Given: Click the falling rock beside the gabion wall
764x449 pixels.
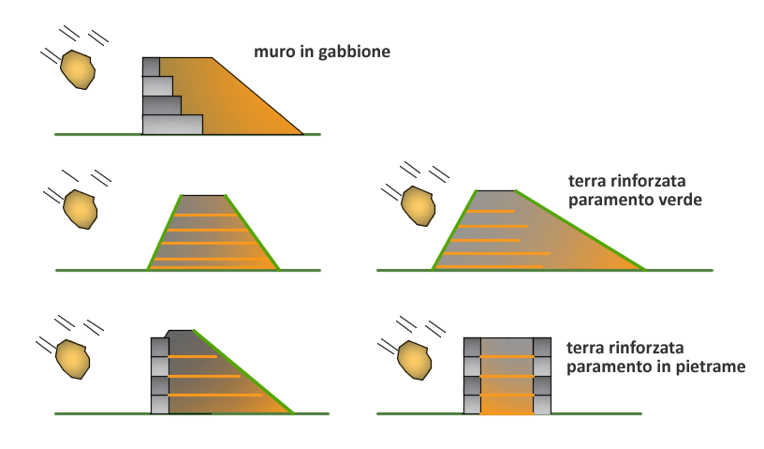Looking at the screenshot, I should pyautogui.click(x=78, y=68).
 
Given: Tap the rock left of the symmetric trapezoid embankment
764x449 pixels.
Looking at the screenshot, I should pyautogui.click(x=81, y=210).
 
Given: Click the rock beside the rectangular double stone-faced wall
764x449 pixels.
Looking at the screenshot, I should pyautogui.click(x=415, y=360).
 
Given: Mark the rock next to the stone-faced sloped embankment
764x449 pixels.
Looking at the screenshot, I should pyautogui.click(x=72, y=358).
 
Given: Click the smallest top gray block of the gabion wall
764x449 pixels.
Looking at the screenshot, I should pyautogui.click(x=152, y=67).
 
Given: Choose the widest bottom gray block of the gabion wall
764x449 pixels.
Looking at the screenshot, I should pyautogui.click(x=172, y=124).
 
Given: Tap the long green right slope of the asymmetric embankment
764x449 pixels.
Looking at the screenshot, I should pyautogui.click(x=580, y=230).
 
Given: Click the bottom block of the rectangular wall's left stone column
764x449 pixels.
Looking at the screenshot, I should pyautogui.click(x=473, y=404).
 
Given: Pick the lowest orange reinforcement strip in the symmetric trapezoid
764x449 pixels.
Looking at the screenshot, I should pyautogui.click(x=213, y=262).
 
